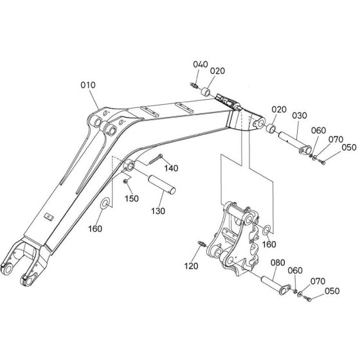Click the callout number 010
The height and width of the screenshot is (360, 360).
pyautogui.click(x=88, y=85)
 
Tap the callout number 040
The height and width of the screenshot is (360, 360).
pyautogui.click(x=201, y=64)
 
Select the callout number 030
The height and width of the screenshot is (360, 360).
pyautogui.click(x=300, y=116)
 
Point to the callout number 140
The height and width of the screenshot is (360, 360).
pyautogui.click(x=171, y=168)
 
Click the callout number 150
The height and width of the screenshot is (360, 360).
pyautogui.click(x=132, y=199)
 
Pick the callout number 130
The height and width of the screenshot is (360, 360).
pyautogui.click(x=158, y=211)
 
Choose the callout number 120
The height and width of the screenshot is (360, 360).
pyautogui.click(x=191, y=266)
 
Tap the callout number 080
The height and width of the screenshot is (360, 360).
pyautogui.click(x=278, y=262)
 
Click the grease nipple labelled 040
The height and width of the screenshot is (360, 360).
pyautogui.click(x=194, y=85)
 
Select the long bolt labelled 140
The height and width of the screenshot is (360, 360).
pyautogui.click(x=156, y=159)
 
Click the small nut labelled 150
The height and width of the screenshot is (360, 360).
pyautogui.click(x=125, y=181)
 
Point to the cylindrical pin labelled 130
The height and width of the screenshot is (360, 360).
pyautogui.click(x=161, y=184)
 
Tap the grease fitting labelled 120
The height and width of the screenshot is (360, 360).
pyautogui.click(x=202, y=244)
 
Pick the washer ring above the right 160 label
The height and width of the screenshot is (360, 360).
pyautogui.click(x=267, y=230)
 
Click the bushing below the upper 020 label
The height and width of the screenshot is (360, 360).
pyautogui.click(x=206, y=92)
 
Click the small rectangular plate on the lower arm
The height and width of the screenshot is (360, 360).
pyautogui.click(x=49, y=217)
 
